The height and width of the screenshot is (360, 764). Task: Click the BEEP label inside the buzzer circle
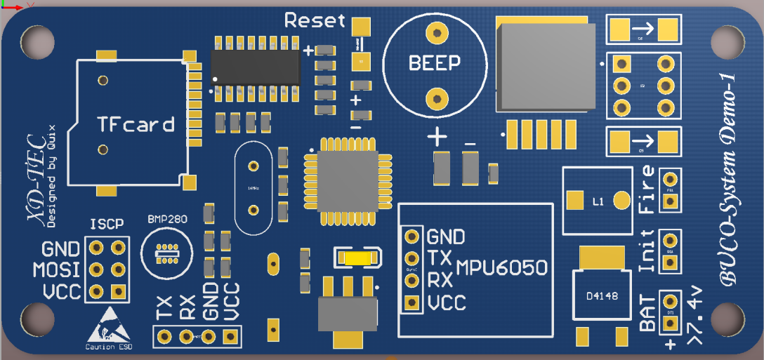[435, 63]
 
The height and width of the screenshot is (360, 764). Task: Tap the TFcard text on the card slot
[136, 126]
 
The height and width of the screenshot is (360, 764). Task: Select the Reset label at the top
[315, 20]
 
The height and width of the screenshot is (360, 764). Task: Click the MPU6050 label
[501, 268]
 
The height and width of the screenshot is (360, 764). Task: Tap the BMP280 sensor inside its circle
[167, 250]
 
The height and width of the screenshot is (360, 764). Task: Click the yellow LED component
[356, 258]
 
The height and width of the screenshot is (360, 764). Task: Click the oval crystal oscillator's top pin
[253, 166]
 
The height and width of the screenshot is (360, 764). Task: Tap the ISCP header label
[107, 225]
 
